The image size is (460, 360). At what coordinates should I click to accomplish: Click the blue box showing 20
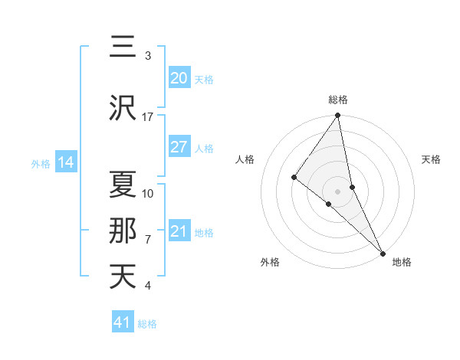tap(179, 78)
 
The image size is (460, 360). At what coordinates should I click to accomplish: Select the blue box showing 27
tap(179, 147)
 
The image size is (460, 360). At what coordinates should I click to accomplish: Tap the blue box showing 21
tap(179, 231)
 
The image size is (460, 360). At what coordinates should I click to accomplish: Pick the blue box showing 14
tap(65, 162)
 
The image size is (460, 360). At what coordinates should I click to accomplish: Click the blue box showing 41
tap(123, 322)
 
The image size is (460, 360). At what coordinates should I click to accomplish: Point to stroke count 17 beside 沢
tap(148, 116)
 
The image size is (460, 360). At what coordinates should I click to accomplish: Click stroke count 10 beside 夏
tap(148, 193)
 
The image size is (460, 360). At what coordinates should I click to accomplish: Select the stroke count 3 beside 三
tap(148, 55)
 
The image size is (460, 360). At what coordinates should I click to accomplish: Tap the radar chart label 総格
tap(338, 100)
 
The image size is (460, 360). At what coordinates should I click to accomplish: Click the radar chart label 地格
tap(402, 262)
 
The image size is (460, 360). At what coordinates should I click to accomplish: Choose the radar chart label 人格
tap(245, 159)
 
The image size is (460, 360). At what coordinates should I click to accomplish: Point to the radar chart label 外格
tap(270, 262)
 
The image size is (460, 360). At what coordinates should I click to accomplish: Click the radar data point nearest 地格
tap(383, 253)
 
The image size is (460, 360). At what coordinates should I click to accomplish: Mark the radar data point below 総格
tap(338, 116)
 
